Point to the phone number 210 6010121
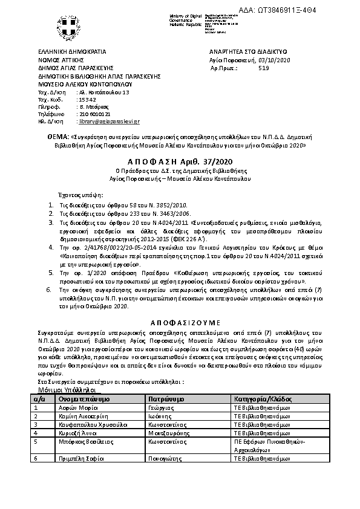(x=93, y=114)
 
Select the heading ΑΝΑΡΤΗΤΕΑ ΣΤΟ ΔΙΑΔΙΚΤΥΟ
(x=247, y=53)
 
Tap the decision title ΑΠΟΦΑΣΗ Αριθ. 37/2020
(x=180, y=162)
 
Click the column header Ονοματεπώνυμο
(x=83, y=400)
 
